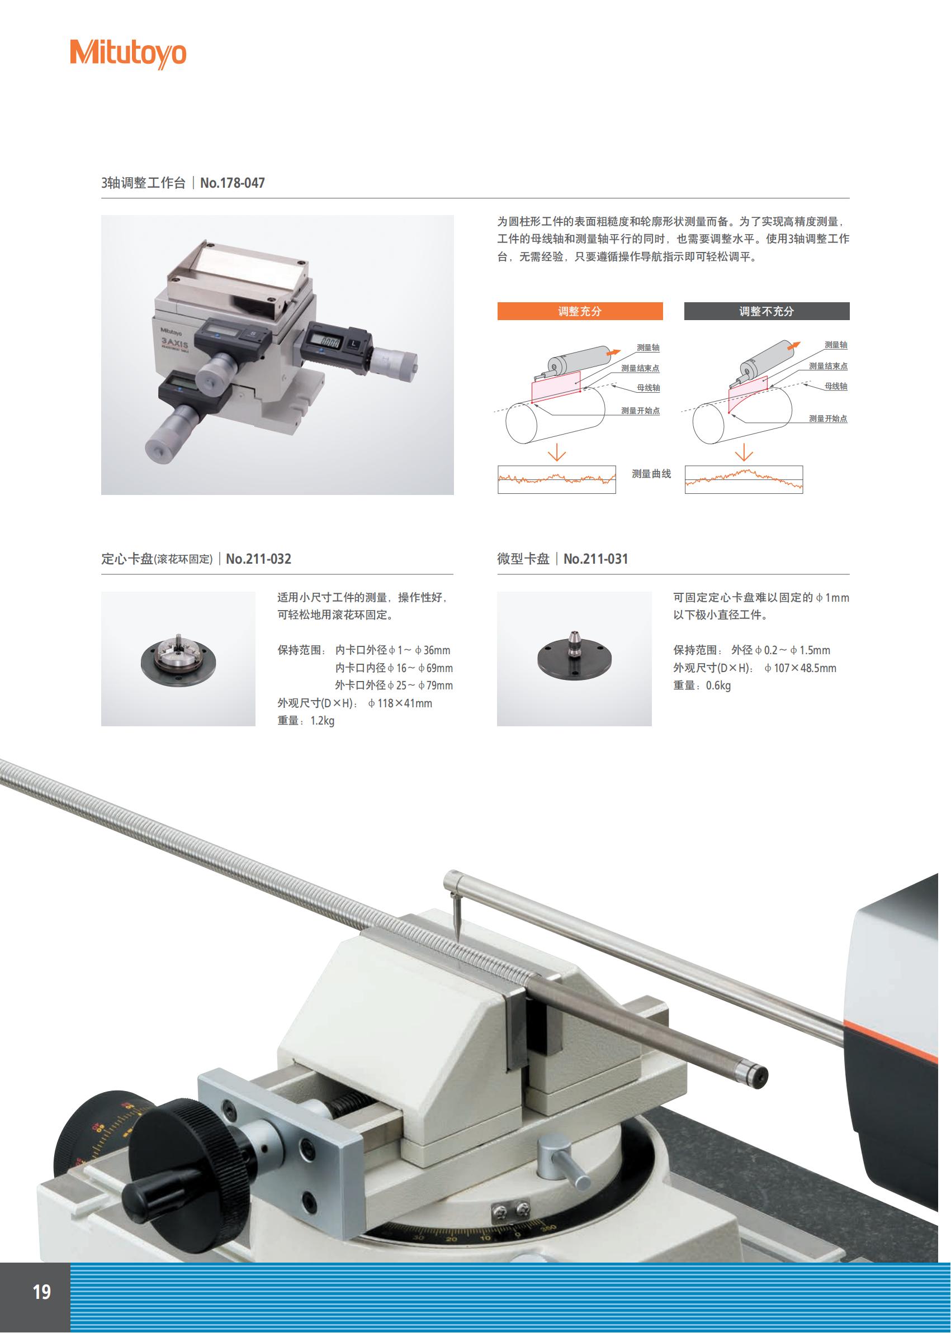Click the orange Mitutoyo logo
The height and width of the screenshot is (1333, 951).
coord(127,54)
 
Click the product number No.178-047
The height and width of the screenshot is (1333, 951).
coord(233,183)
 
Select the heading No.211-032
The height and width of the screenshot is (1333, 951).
coord(258,559)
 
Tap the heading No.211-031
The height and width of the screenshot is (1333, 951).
coord(595,559)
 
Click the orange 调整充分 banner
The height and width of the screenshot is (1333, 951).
coord(580,311)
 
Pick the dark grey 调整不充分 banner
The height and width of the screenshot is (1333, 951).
coord(767,311)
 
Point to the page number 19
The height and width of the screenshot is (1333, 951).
coord(41,1292)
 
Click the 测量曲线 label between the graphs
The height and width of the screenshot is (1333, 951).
coord(651,474)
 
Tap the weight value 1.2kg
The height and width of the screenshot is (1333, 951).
coord(322,721)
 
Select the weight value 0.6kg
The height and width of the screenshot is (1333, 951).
coord(718,686)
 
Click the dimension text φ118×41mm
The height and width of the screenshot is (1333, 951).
coord(400,703)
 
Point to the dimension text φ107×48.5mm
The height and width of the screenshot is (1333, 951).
coord(801,668)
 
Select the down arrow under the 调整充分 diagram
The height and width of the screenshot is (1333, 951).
coord(556,453)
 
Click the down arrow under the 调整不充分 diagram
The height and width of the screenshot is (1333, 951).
coord(744,453)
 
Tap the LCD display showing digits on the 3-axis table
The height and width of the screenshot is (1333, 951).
coord(324,341)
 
